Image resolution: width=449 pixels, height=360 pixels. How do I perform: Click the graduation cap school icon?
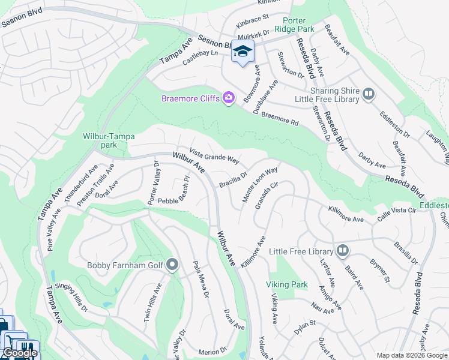pos(243,52)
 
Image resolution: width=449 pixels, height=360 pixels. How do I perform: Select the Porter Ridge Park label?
pos(294,23)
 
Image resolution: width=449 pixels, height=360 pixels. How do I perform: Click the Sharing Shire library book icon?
pos(368,94)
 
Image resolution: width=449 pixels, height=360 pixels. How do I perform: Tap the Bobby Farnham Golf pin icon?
pos(172,265)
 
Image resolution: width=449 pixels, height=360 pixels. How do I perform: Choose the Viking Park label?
pos(286,284)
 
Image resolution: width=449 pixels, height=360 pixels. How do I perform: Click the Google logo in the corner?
pos(20,353)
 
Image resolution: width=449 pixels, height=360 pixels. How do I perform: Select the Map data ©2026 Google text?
pos(411,355)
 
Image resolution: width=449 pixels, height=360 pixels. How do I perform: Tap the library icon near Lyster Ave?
pos(342,250)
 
